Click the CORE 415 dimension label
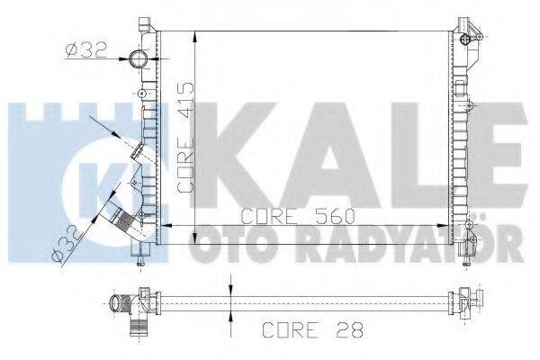pyautogui.click(x=185, y=137)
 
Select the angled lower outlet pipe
pyautogui.click(x=117, y=217)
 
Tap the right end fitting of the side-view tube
pyautogui.click(x=464, y=296)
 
